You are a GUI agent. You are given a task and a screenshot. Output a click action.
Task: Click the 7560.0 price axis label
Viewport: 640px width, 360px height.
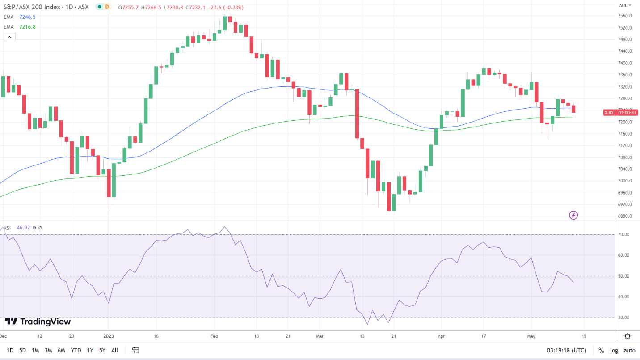[624, 16]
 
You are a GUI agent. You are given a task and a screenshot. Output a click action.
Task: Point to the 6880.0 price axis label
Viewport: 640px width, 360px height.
[624, 216]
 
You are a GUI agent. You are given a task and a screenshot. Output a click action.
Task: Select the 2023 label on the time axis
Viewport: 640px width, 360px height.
[109, 335]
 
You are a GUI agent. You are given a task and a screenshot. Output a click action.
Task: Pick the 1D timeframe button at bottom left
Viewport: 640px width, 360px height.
[10, 350]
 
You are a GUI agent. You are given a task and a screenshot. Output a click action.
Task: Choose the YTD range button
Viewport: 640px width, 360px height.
[76, 350]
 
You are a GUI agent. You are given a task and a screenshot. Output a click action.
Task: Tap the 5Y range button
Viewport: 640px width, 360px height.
[102, 350]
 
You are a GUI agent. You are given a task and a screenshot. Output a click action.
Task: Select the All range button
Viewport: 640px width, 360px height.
[115, 350]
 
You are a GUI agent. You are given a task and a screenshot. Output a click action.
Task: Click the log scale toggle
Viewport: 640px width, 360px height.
[614, 350]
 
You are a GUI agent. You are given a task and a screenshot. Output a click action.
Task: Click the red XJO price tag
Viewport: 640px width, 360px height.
[608, 112]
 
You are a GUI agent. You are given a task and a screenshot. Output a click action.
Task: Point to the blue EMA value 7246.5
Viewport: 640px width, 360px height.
[27, 17]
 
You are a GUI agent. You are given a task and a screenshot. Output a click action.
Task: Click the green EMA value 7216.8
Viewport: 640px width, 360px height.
[27, 27]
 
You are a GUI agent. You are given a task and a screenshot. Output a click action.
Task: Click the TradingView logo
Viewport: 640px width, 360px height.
[38, 322]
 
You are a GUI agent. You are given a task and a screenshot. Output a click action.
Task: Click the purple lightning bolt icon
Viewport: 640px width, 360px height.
[574, 216]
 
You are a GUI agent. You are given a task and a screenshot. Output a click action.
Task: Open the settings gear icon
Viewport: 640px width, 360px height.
[627, 336]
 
